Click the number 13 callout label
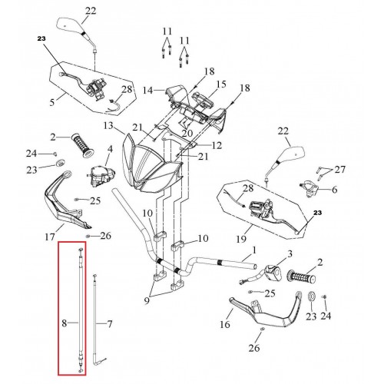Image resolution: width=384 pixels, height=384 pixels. pos(108,126)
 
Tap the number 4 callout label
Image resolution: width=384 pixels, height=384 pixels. pos(110,149)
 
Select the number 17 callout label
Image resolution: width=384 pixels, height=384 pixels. pos(50,237)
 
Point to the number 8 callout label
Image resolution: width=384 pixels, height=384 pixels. pos(64,323)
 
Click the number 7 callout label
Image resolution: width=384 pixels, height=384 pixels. pos(109,324)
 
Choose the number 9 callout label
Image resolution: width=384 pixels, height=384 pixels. pos(147,300)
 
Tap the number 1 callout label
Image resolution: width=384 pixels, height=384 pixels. pos(254,250)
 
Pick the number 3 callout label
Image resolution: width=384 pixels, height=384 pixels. pos(290,254)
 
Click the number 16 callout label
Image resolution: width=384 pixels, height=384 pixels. pos(225,324)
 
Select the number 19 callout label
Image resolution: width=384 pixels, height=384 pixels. pos(241,239)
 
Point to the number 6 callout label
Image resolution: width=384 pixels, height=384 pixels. pos(334,190)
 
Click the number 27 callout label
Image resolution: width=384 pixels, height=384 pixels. pos(340,169)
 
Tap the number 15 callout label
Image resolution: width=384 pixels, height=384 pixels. pos(221,84)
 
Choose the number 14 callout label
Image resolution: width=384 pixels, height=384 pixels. pos(147,90)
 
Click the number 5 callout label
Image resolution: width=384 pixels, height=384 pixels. pos(52,102)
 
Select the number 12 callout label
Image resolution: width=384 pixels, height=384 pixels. pos(217,145)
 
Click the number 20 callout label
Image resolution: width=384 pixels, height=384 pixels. pos(187,133)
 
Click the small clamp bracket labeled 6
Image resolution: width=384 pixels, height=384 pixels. pos(309,188)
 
